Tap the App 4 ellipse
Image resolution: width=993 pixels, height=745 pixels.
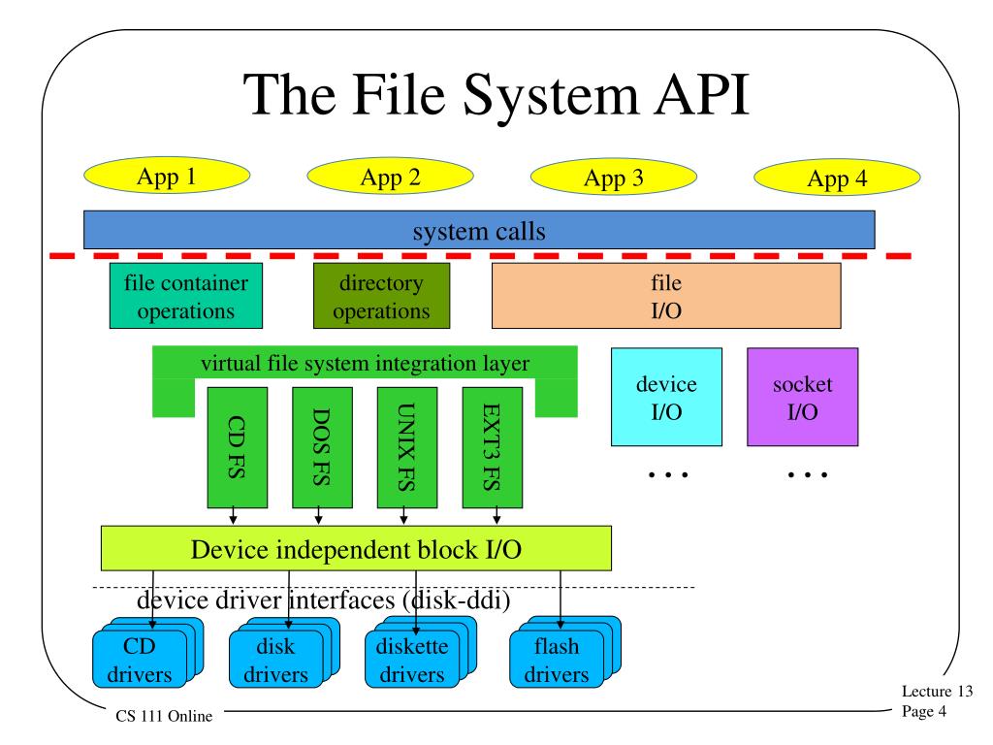tap(837, 178)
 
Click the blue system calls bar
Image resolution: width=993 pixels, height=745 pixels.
tap(479, 231)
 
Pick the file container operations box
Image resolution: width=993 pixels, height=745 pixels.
tap(185, 298)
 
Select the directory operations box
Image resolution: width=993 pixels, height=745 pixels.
tap(381, 298)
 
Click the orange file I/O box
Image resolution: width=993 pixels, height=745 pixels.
tap(666, 298)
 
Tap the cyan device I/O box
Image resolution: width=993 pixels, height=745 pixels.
tap(665, 398)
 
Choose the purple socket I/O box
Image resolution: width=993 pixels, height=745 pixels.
tap(802, 398)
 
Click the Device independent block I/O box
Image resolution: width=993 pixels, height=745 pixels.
tap(357, 548)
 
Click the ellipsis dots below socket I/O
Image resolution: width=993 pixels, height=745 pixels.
tap(806, 475)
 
